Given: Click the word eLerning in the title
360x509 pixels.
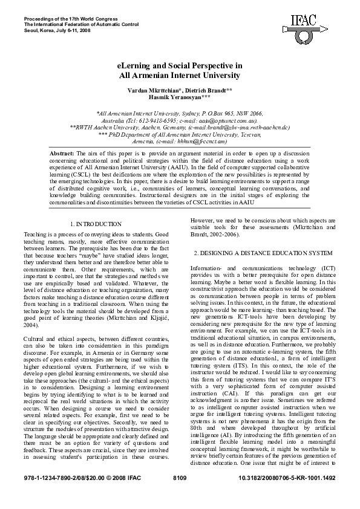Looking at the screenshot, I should pyautogui.click(x=134, y=65).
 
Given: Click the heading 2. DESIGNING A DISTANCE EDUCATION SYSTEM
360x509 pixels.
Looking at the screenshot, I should pyautogui.click(x=263, y=251).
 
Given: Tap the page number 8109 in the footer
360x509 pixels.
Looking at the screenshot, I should pyautogui.click(x=180, y=495).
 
